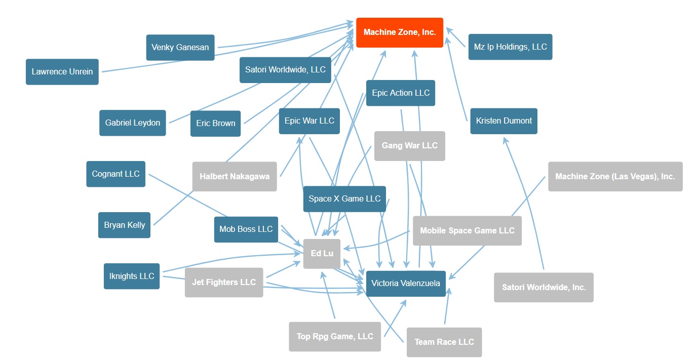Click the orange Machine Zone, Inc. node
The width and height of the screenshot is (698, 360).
400,32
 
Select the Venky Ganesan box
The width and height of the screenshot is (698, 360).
180,48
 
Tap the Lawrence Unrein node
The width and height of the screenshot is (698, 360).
62,72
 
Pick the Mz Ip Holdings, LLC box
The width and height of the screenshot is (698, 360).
510,47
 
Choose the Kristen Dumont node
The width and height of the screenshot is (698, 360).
503,121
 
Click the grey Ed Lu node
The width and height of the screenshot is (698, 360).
322,253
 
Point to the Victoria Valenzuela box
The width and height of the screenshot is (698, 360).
405,283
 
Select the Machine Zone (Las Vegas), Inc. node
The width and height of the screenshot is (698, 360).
615,177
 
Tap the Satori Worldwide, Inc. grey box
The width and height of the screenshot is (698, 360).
544,288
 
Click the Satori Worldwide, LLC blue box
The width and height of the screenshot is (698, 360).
285,70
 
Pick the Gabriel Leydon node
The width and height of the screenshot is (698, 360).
132,123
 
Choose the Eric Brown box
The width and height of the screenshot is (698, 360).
215,124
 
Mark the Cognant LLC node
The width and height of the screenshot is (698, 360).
115,174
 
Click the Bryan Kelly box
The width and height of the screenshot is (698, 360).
124,225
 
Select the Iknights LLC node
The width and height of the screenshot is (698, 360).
132,276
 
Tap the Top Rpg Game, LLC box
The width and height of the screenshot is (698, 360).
335,337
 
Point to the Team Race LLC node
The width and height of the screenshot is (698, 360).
444,342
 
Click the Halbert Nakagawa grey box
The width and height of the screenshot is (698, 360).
235,177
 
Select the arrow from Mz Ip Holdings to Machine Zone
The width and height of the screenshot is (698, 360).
456,38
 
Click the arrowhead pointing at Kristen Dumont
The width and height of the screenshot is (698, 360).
505,140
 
